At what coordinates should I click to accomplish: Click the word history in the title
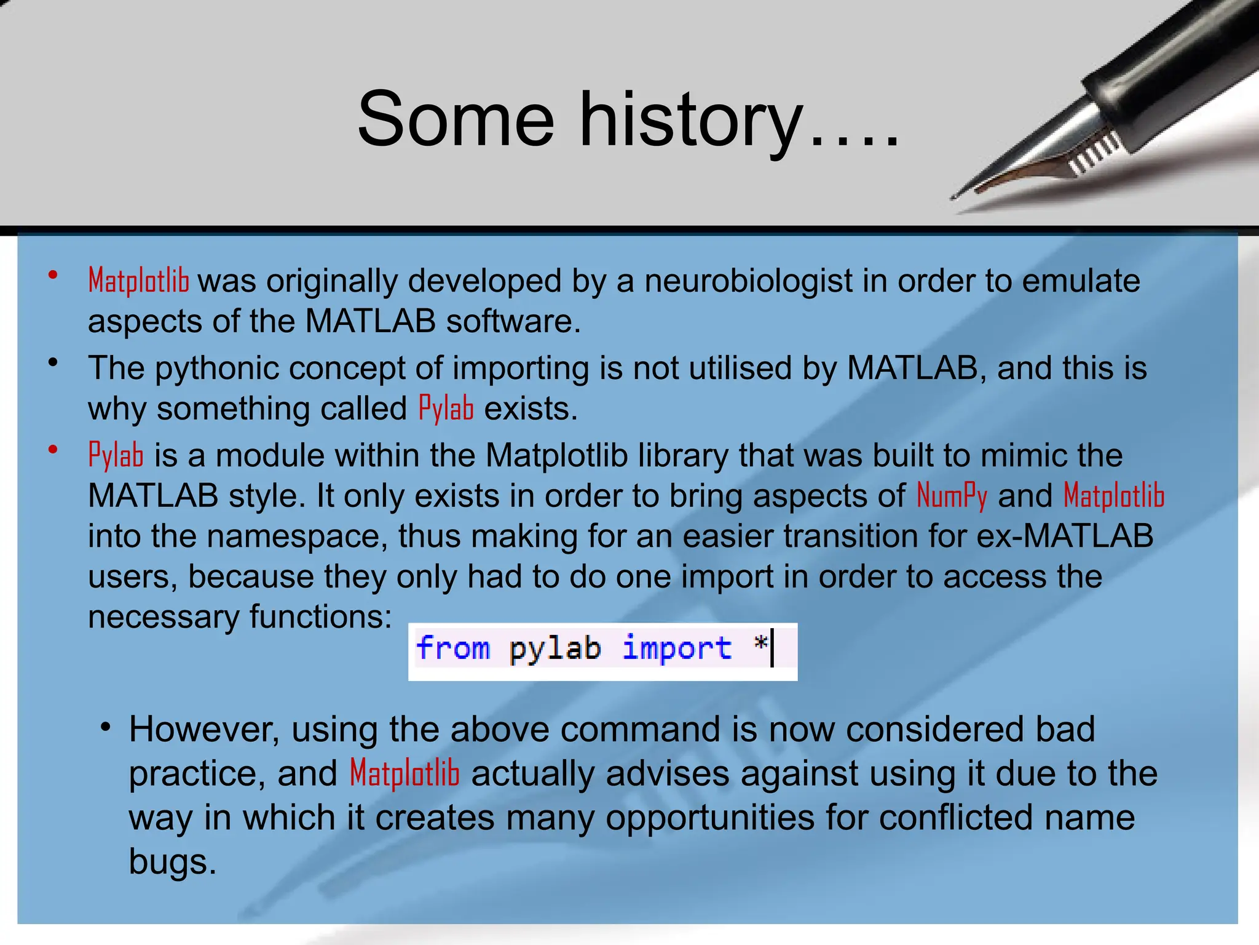(692, 120)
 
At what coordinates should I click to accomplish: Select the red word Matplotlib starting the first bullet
(138, 281)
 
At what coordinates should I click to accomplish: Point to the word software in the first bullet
(513, 322)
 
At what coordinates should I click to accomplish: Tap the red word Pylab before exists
(446, 409)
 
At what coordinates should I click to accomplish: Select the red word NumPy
(952, 496)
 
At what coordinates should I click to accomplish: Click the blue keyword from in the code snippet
(453, 648)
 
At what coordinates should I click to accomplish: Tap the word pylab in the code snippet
(555, 649)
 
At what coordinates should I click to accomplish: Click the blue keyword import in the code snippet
(677, 649)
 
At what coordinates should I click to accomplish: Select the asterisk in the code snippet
(760, 644)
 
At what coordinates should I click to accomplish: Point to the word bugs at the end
(172, 862)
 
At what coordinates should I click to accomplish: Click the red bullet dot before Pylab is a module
(53, 450)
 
